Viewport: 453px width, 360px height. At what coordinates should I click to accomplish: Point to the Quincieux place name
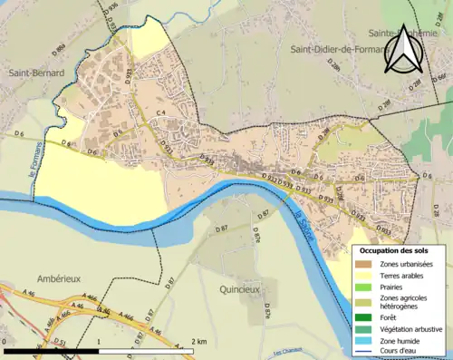(x=240, y=289)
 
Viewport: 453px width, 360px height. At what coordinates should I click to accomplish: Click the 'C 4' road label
(x=159, y=112)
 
